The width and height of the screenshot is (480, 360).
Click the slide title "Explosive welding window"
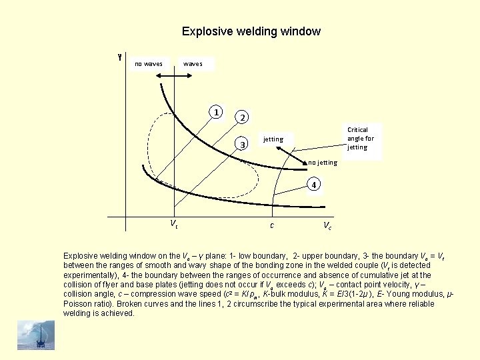[x=251, y=31]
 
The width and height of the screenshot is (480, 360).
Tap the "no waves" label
[x=149, y=64]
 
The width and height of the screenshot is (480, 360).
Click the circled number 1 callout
[x=216, y=111]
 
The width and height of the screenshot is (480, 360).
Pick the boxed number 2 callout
[x=243, y=117]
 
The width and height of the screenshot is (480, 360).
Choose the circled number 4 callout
[x=315, y=183]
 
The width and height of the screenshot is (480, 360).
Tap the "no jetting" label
[x=323, y=163]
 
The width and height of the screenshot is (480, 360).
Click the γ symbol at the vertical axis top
[x=119, y=57]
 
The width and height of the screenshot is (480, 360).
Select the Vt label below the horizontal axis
[x=173, y=224]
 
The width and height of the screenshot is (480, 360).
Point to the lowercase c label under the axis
[x=271, y=225]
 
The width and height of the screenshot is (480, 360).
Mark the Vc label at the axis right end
[x=327, y=225]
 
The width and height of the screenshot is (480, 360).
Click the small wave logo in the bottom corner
[x=36, y=334]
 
